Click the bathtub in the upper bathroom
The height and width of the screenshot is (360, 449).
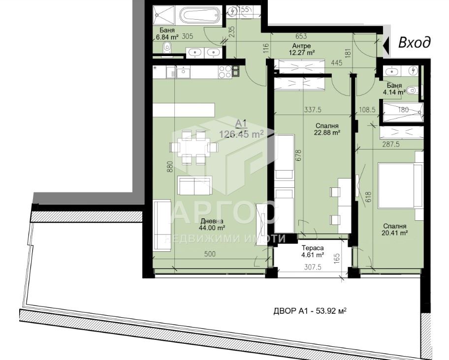(x=200, y=16)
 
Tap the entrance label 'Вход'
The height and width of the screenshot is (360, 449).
(x=415, y=43)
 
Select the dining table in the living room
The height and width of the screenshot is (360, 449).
(x=194, y=147)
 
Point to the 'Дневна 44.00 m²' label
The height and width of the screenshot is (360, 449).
(x=212, y=224)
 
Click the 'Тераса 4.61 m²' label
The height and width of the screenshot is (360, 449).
(x=312, y=251)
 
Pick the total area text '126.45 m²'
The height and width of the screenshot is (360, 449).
(x=241, y=134)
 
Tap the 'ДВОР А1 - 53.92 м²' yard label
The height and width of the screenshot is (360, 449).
(x=310, y=311)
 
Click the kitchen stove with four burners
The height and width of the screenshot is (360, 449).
(x=225, y=72)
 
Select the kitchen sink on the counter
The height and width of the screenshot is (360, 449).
(x=182, y=72)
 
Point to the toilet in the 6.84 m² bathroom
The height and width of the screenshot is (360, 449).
(x=166, y=48)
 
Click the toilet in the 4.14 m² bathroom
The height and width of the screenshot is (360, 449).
(x=412, y=91)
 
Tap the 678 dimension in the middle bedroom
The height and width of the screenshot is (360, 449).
(x=299, y=156)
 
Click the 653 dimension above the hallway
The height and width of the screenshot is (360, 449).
(x=301, y=36)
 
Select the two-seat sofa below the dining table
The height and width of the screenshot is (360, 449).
(x=195, y=185)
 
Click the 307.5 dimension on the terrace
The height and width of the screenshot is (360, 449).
(x=312, y=267)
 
